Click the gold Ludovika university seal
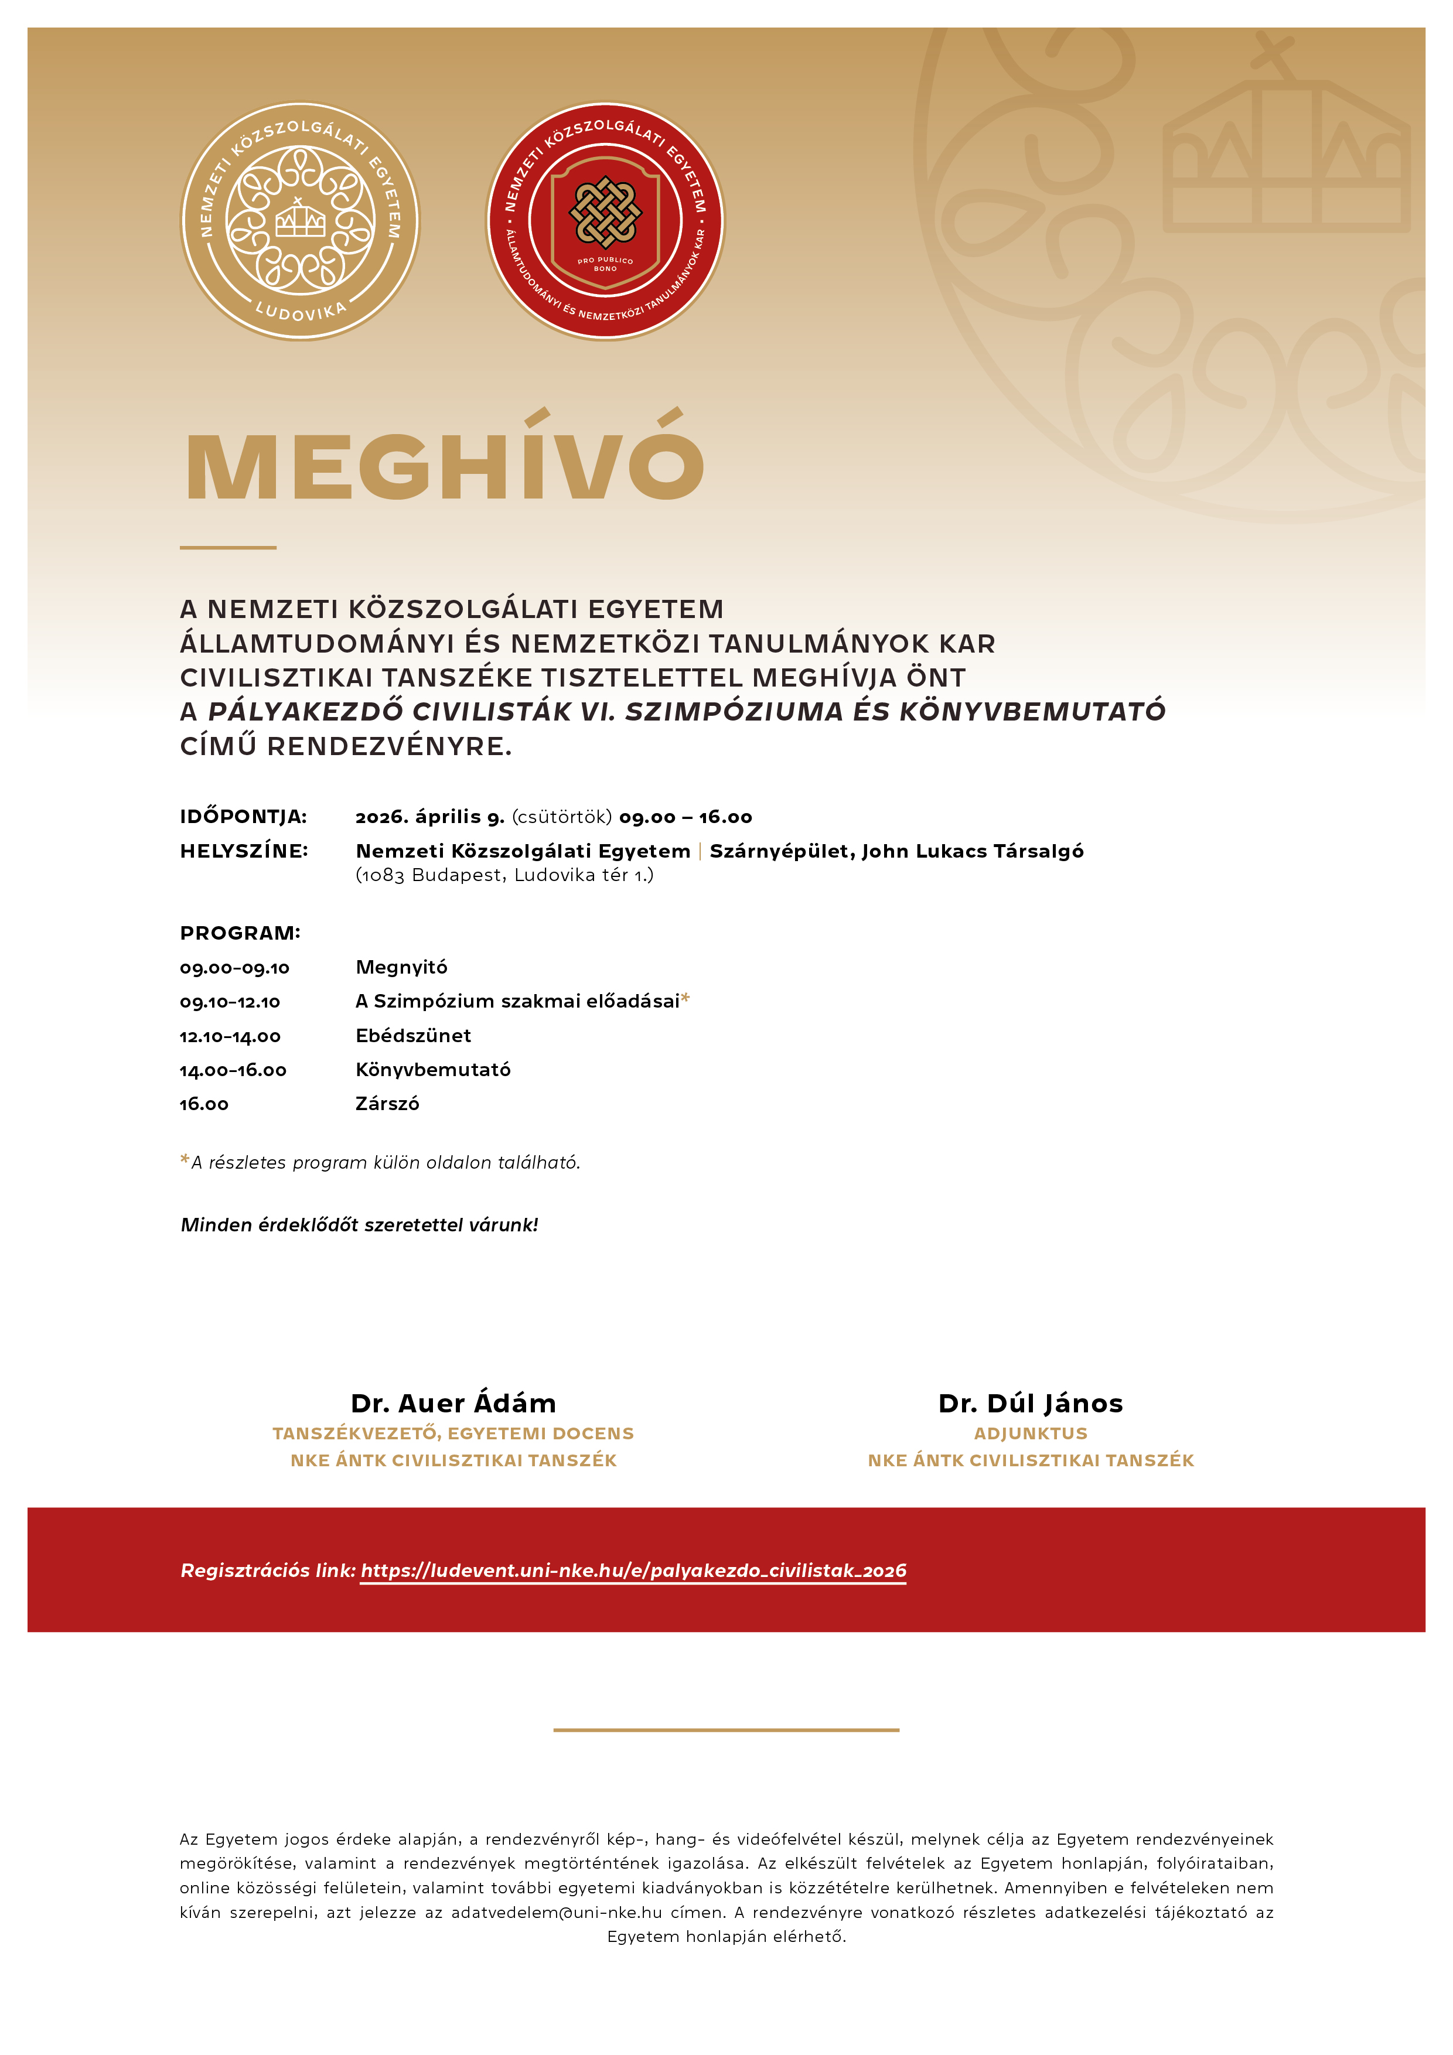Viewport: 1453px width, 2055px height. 300,221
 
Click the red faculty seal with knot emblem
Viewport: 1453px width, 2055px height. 605,221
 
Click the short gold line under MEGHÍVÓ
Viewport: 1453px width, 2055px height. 228,547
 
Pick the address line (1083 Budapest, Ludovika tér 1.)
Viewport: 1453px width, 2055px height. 504,875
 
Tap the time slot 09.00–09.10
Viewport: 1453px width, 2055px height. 234,968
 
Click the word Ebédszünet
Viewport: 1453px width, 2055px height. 412,1036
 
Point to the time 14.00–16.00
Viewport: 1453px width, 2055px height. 233,1070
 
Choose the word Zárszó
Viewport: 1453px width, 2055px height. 387,1104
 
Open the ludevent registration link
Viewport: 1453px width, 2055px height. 633,1571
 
